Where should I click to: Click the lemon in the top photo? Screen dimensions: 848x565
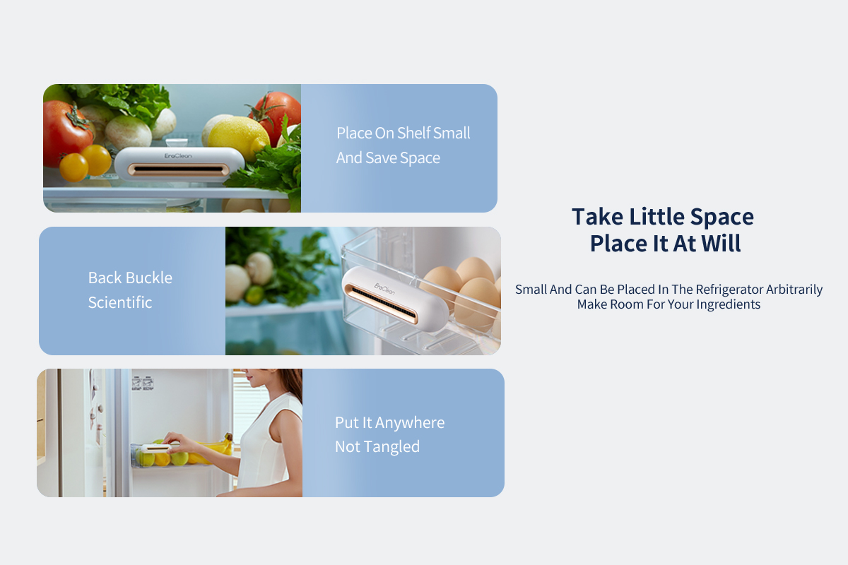click(239, 138)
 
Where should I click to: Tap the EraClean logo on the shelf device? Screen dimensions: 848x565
click(178, 155)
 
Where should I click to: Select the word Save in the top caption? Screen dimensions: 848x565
click(381, 157)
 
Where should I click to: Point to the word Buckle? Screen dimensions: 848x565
click(151, 278)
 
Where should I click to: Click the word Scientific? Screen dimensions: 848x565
click(120, 302)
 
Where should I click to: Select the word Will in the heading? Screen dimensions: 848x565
click(722, 244)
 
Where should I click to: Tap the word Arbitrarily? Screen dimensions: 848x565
click(794, 290)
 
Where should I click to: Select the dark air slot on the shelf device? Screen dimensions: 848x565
click(178, 169)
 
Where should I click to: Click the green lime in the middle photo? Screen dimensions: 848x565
click(255, 295)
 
